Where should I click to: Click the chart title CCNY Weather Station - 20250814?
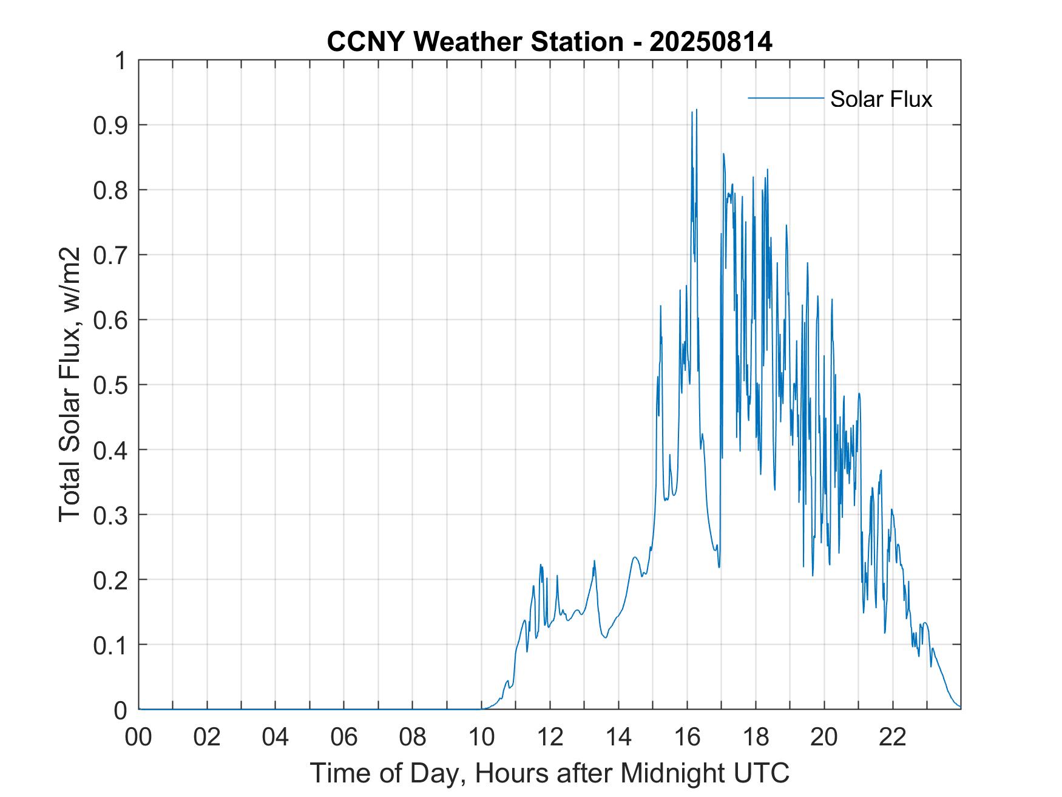[x=549, y=42]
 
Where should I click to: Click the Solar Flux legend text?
[x=881, y=99]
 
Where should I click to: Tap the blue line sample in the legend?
[x=785, y=98]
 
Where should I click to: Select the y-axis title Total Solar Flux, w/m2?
[x=70, y=384]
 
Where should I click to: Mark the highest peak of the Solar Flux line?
[x=696, y=110]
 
